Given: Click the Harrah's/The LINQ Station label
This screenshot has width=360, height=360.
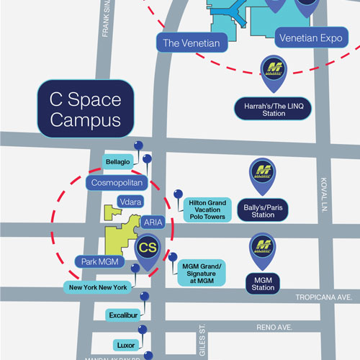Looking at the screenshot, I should point(272,110).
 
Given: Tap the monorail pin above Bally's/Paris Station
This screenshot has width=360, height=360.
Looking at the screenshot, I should point(263,173).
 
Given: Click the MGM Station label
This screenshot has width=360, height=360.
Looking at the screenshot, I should point(263,283).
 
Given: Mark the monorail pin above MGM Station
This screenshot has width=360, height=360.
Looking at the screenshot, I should point(263,249).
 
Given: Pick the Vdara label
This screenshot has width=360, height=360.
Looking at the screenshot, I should point(130,203).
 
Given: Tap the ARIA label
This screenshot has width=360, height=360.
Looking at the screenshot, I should point(153,222).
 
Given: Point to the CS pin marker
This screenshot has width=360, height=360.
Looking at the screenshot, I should point(148,249).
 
